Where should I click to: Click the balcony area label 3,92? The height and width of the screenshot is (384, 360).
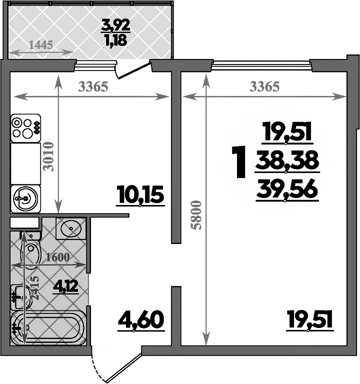(115, 26)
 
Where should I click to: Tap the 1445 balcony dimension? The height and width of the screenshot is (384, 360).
(41, 45)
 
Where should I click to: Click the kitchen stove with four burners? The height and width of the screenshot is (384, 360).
(25, 128)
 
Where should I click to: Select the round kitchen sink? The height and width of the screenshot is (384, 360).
(25, 198)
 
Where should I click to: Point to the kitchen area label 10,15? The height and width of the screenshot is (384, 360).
(140, 195)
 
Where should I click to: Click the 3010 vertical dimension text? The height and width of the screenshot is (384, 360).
(48, 156)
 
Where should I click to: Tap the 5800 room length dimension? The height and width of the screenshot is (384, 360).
(197, 215)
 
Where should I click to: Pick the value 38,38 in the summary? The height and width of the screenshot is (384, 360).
(287, 160)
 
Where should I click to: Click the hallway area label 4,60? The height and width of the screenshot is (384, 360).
(141, 320)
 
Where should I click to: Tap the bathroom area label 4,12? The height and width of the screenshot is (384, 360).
(65, 286)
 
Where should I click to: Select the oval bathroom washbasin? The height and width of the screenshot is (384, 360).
(71, 228)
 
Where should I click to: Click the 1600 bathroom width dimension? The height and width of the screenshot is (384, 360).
(58, 257)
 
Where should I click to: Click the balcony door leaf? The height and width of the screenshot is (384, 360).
(133, 71)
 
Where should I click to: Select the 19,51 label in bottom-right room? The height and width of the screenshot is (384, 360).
(310, 319)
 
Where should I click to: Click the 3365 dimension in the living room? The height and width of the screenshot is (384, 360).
(264, 86)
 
